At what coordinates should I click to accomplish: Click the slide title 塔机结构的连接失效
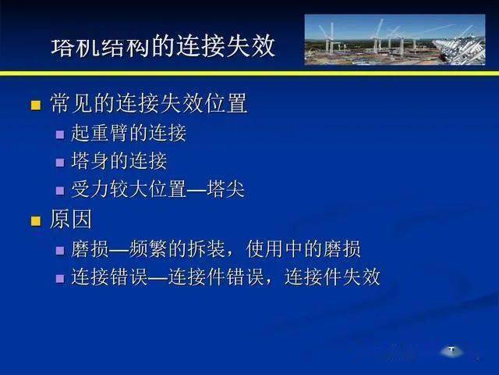click(163, 46)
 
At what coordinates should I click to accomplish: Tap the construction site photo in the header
click(395, 40)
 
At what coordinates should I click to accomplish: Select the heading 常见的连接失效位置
click(149, 103)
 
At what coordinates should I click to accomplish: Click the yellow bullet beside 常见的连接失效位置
click(36, 105)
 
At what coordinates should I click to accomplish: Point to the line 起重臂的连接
click(129, 133)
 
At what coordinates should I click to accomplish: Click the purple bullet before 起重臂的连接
click(60, 134)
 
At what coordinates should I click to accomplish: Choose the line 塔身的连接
click(119, 161)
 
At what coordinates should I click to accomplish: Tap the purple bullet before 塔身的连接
click(60, 162)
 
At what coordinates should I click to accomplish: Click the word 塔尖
click(225, 189)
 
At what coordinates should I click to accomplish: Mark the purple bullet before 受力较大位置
click(60, 191)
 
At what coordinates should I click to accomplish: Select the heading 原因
click(71, 219)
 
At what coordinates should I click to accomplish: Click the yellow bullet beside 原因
click(36, 220)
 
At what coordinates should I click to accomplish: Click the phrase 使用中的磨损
click(303, 248)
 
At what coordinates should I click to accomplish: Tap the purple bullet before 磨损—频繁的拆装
click(60, 250)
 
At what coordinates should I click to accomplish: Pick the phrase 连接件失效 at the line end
click(333, 277)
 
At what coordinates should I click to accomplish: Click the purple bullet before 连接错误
click(60, 278)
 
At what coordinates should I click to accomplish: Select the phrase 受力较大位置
click(129, 189)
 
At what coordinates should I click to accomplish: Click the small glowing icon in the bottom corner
click(451, 351)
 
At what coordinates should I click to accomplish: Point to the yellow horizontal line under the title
click(249, 73)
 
